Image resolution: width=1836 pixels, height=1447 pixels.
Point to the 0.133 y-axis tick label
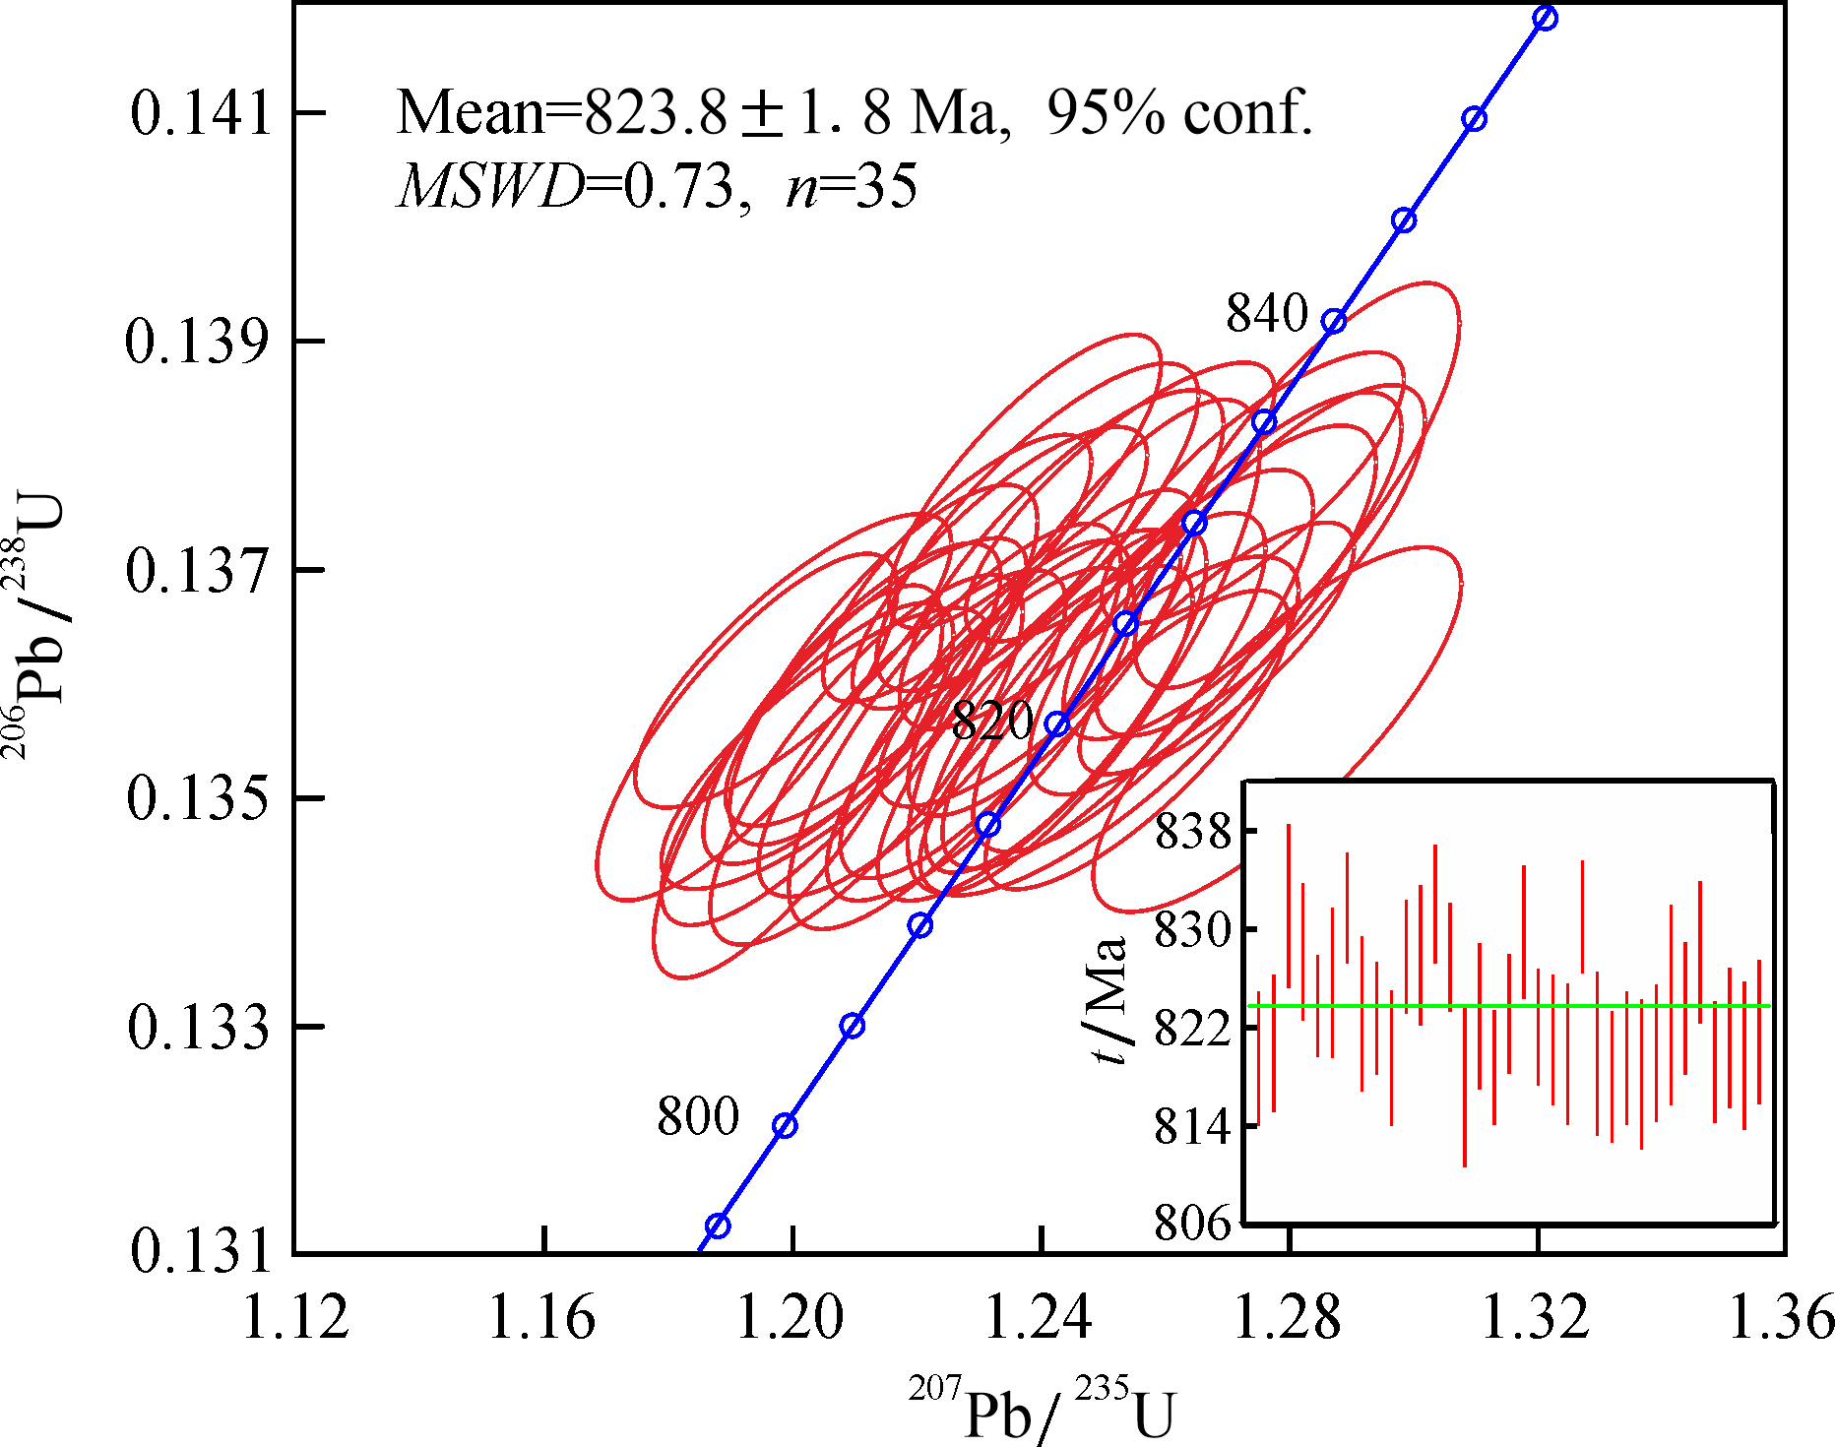click(199, 1028)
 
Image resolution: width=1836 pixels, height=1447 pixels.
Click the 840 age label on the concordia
click(1267, 314)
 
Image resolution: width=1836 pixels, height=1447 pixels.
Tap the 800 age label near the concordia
click(698, 1116)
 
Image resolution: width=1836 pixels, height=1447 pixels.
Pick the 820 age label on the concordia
click(992, 721)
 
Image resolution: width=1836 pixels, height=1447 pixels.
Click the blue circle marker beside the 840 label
click(1334, 322)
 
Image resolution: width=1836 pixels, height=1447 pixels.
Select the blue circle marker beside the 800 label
click(785, 1126)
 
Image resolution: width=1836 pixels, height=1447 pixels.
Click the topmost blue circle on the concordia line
click(1546, 19)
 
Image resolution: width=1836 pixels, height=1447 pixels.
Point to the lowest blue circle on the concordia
click(718, 1226)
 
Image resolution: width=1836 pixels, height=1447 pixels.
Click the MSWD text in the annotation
click(489, 185)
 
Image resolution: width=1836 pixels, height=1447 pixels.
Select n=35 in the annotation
click(852, 185)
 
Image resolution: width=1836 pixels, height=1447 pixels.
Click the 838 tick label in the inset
click(1193, 832)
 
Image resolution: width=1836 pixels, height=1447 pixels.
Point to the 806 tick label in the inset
click(1193, 1224)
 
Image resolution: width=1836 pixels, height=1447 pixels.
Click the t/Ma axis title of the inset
click(1108, 1000)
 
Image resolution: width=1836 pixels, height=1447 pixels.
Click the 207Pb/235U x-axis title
click(1042, 1410)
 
